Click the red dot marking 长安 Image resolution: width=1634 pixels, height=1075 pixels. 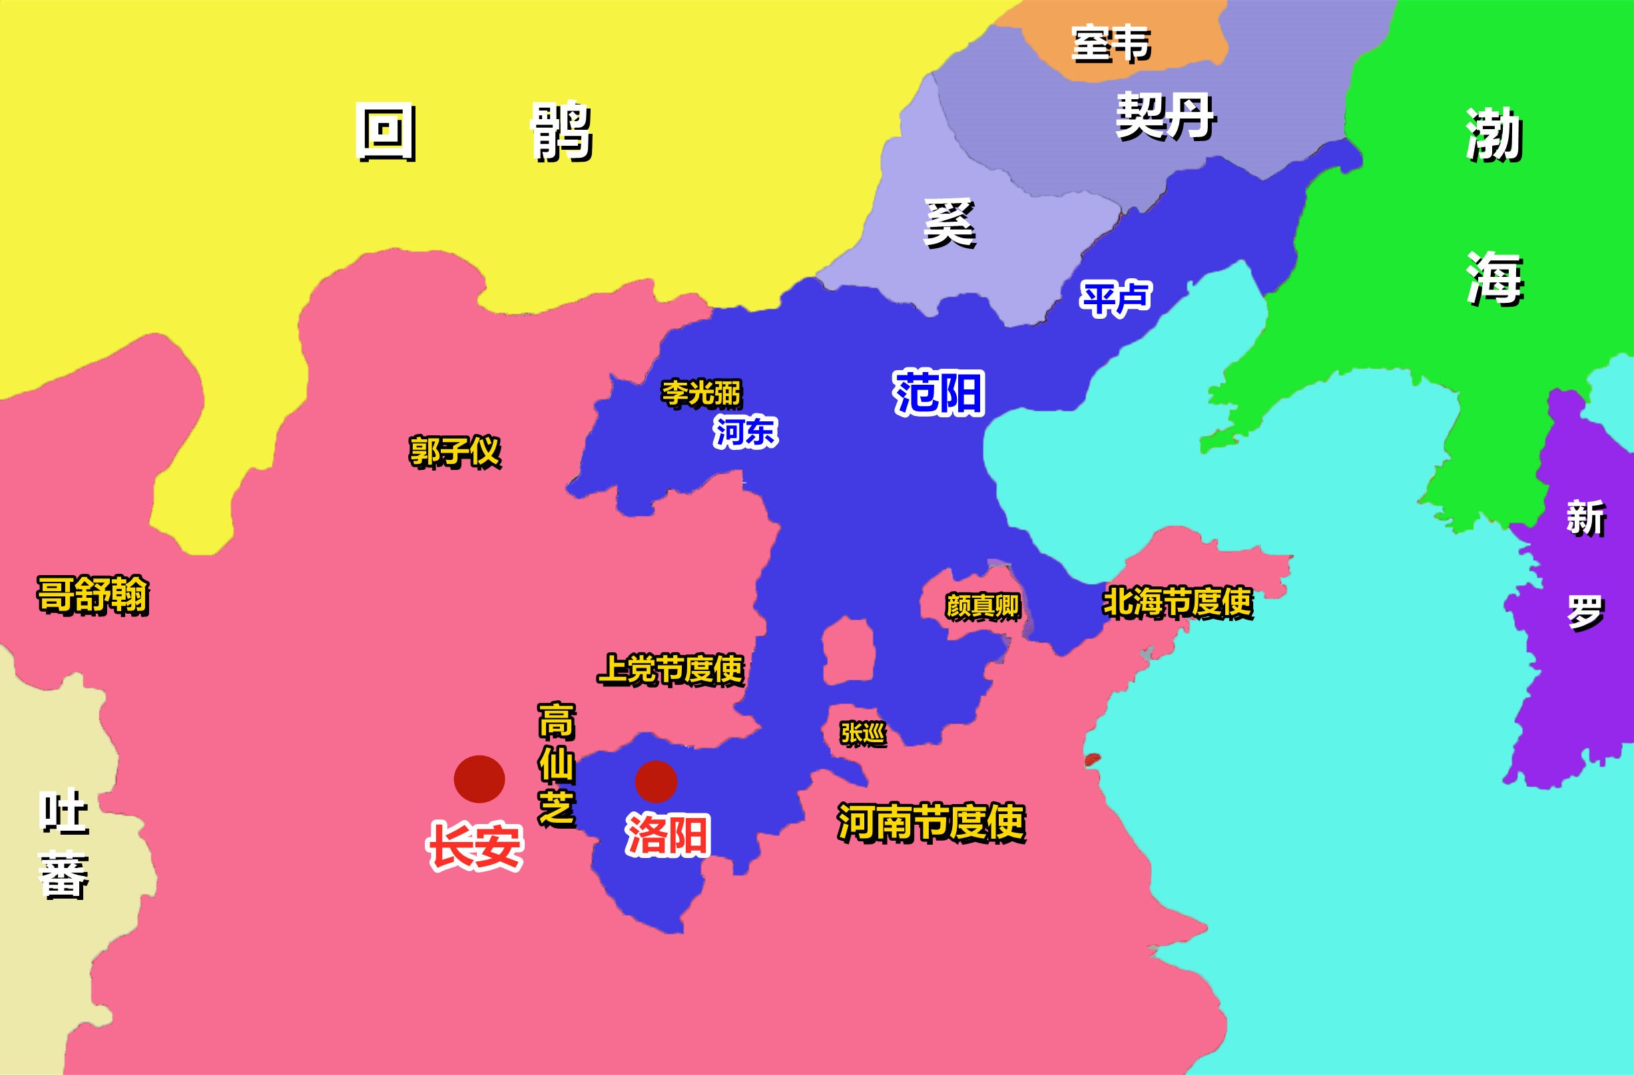(x=479, y=779)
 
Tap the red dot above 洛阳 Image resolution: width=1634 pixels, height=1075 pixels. (x=656, y=782)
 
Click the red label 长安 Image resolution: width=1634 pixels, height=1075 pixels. (x=475, y=846)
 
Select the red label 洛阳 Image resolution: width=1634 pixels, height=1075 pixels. (x=667, y=835)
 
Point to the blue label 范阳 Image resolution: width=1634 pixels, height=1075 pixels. (x=939, y=393)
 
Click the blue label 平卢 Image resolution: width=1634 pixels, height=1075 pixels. (x=1116, y=299)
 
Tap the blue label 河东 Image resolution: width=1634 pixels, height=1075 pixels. (x=746, y=432)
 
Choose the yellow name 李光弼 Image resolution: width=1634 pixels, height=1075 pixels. (x=701, y=394)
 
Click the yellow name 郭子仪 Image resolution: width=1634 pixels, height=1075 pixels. (x=455, y=452)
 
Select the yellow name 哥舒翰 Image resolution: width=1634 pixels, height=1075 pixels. (x=93, y=594)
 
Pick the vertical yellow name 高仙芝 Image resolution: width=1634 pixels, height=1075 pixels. (x=556, y=764)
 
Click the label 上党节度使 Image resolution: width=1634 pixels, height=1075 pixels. (x=670, y=670)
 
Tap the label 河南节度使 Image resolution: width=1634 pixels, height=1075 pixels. (x=931, y=821)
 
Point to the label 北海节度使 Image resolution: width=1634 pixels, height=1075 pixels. (x=1177, y=602)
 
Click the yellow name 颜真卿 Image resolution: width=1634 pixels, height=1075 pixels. (x=982, y=606)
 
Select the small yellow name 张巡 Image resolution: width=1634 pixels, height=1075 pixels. (x=863, y=734)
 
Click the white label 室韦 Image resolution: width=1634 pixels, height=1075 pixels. (x=1111, y=43)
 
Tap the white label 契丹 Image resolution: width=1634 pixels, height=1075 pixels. (x=1166, y=116)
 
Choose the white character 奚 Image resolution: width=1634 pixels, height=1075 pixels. (x=950, y=222)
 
